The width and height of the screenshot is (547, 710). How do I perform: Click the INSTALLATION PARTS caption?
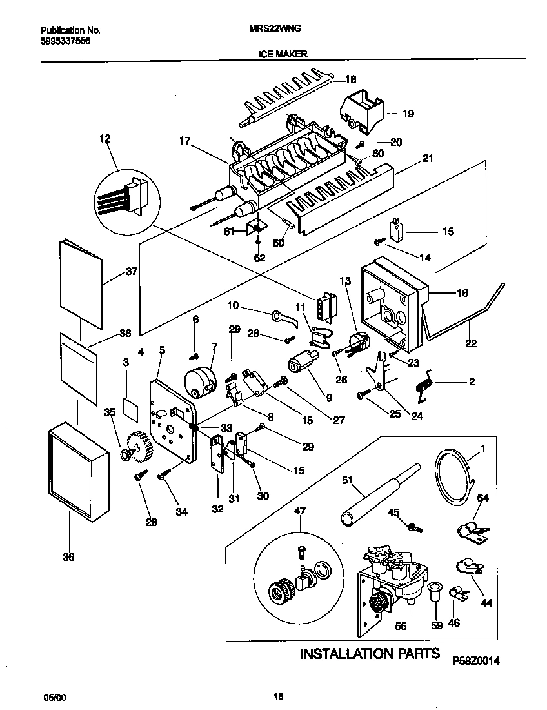370,653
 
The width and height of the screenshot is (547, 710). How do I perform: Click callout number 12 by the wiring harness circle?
105,138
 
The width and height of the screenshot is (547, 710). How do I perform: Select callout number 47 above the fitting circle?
300,511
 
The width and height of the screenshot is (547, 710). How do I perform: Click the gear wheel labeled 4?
139,445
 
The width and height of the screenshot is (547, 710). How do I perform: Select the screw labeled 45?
414,526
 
